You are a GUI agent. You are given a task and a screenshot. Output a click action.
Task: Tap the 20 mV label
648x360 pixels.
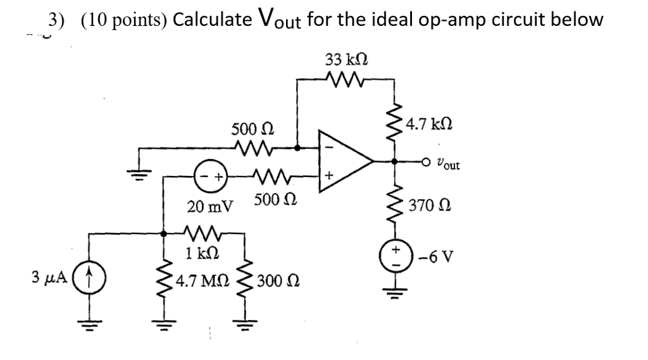click(x=209, y=206)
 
